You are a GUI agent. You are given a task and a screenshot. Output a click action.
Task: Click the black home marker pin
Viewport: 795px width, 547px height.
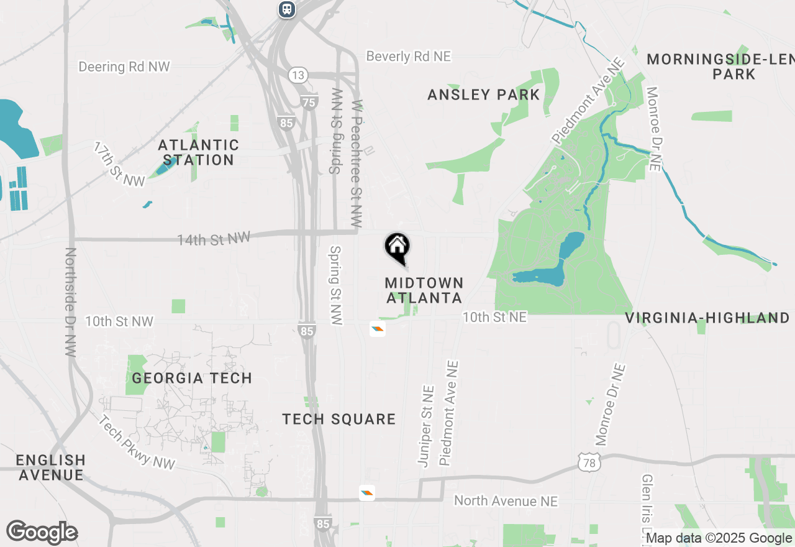pyautogui.click(x=397, y=247)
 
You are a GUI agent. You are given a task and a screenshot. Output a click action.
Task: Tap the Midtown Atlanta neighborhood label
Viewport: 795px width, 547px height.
pyautogui.click(x=424, y=290)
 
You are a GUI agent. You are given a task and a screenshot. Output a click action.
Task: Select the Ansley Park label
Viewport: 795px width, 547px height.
pyautogui.click(x=484, y=94)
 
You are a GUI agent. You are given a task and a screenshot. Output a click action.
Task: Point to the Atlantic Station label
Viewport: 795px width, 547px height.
pyautogui.click(x=198, y=152)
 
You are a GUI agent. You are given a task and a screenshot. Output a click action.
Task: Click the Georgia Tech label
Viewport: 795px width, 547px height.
pyautogui.click(x=192, y=378)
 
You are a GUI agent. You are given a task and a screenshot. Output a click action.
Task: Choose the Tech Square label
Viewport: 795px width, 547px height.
pyautogui.click(x=339, y=419)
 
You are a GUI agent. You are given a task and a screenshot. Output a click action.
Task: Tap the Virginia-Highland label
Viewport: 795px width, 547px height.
pyautogui.click(x=707, y=318)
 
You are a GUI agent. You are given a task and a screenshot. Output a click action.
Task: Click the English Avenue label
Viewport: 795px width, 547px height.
pyautogui.click(x=50, y=467)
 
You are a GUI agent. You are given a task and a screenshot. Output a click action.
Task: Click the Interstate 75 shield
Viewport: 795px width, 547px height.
pyautogui.click(x=308, y=103)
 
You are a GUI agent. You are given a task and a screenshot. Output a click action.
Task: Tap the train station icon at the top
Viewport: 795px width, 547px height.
pyautogui.click(x=286, y=9)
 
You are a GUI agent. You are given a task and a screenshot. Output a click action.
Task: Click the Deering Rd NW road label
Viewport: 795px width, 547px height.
pyautogui.click(x=124, y=67)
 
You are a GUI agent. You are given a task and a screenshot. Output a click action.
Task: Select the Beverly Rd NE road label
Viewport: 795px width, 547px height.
pyautogui.click(x=408, y=57)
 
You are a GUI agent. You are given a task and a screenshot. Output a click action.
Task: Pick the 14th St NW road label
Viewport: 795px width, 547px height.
pyautogui.click(x=214, y=239)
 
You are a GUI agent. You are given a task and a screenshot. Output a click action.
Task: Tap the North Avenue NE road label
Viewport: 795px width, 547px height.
pyautogui.click(x=506, y=500)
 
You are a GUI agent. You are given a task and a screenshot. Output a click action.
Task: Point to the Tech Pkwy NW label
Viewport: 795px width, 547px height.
pyautogui.click(x=137, y=442)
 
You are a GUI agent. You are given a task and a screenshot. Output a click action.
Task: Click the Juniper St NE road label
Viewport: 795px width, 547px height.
pyautogui.click(x=426, y=426)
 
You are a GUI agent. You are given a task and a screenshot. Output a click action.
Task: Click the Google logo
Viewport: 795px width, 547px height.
pyautogui.click(x=42, y=533)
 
